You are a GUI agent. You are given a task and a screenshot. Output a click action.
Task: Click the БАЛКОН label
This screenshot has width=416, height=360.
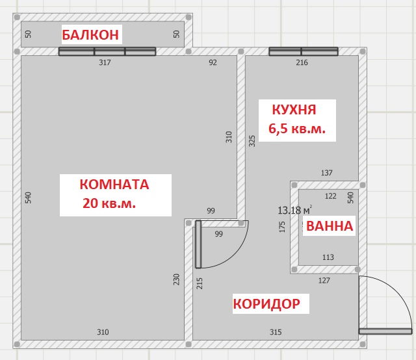coord(90,34)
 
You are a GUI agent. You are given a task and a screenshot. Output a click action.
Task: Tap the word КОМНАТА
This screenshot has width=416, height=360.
coord(114,185)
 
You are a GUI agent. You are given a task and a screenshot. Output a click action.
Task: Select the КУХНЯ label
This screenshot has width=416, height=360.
coord(294,110)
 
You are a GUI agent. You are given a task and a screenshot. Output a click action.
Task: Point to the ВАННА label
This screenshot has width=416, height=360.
coord(330,226)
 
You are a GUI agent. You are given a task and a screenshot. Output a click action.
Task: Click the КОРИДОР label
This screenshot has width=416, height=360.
coord(266,303)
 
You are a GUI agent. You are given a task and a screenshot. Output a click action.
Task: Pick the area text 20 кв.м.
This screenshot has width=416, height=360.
coord(109,203)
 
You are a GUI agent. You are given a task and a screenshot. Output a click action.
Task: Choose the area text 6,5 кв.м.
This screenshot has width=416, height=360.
coord(297,129)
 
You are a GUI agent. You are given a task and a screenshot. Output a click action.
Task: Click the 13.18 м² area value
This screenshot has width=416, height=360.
coord(294,211)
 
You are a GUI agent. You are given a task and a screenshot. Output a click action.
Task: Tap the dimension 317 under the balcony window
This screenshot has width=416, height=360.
coord(105,62)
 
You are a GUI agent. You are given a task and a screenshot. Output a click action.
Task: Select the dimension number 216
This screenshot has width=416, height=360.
coord(302,62)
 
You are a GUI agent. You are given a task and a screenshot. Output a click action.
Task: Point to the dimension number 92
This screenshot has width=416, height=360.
coord(213,62)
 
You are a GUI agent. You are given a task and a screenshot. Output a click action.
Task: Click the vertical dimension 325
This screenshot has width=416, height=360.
coord(252,141)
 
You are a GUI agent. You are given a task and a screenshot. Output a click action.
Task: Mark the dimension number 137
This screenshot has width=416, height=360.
coord(326,173)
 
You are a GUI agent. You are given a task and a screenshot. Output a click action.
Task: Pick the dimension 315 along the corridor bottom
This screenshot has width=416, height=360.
coord(276,332)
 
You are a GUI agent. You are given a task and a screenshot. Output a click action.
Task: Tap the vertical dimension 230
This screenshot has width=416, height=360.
coord(176,279)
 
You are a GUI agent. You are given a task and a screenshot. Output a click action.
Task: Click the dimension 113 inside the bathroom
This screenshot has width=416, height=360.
coord(328,257)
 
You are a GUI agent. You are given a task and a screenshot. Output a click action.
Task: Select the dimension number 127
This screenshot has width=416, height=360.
coord(324,281)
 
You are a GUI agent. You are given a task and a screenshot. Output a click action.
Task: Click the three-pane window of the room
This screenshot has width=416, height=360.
coord(107,51)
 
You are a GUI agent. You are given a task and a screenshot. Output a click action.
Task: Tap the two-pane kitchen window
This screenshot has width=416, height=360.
coord(304,51)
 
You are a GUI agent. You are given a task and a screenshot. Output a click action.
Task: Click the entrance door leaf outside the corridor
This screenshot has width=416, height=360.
coord(385,331)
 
